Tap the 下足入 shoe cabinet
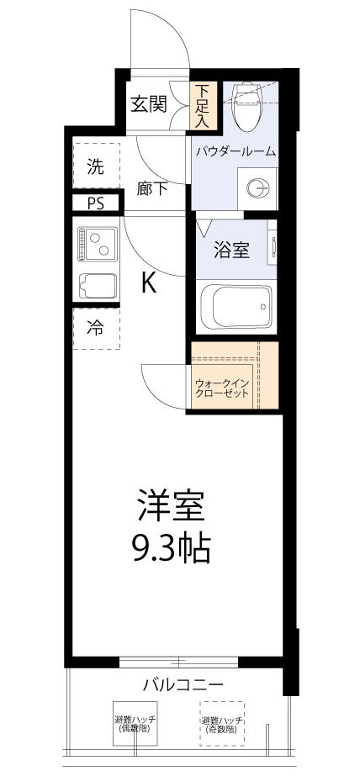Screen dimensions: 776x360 pos(204,104)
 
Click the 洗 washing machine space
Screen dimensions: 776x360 pos(96,166)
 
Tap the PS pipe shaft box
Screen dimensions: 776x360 pos(96,203)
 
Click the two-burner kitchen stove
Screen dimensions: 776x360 pos(98,245)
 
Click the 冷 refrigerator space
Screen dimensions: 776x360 pos(96,329)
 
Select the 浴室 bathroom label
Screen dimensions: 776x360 pos(230,249)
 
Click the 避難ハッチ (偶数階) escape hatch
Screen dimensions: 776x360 pos(136,724)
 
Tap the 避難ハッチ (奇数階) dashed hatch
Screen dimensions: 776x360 pos(222,724)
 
